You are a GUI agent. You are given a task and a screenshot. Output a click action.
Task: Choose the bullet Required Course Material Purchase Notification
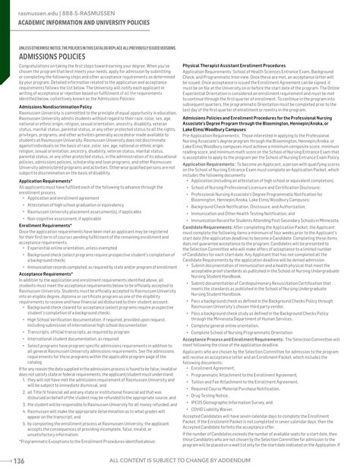pos(242,388)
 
